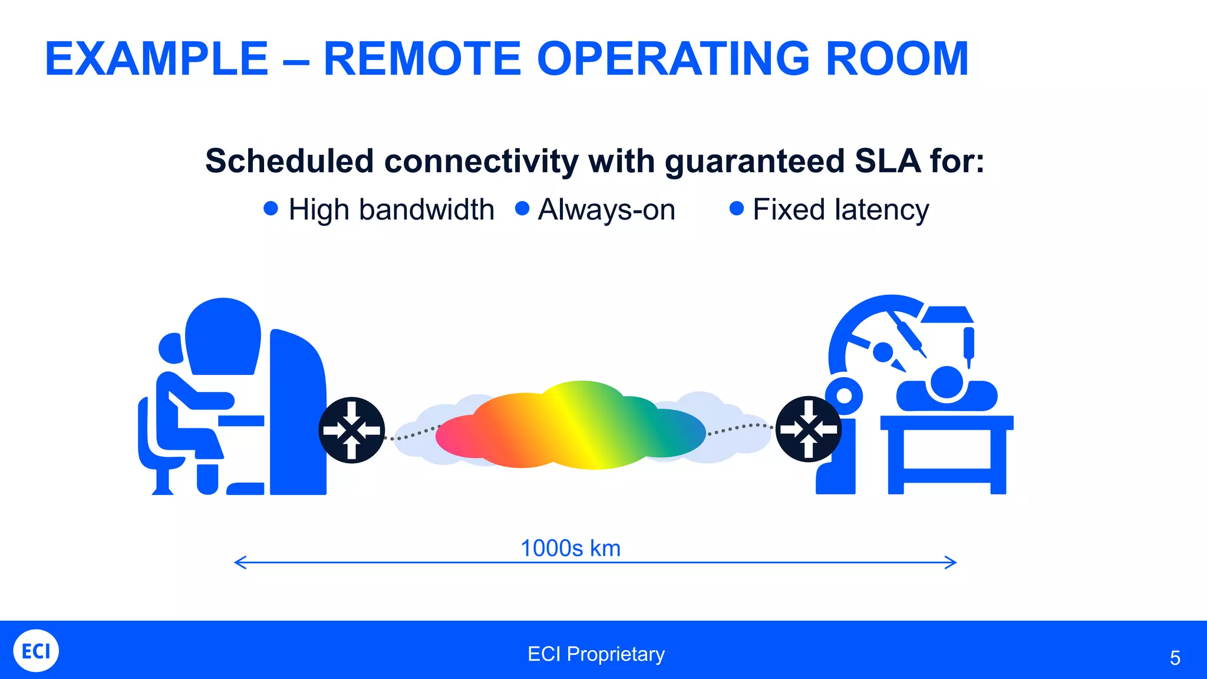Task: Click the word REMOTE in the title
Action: click(x=422, y=59)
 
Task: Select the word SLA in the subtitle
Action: click(x=887, y=161)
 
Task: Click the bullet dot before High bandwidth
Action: click(x=271, y=208)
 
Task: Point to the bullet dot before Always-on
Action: click(x=522, y=208)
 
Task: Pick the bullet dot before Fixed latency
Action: click(x=737, y=208)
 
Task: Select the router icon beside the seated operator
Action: click(x=352, y=430)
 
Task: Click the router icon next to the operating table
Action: click(x=809, y=429)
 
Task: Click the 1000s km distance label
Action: click(x=570, y=548)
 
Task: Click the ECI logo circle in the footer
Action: click(x=36, y=651)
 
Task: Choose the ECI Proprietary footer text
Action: click(x=596, y=654)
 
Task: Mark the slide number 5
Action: click(x=1175, y=658)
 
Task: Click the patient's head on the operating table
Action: click(x=946, y=382)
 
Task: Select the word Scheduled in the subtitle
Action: click(x=289, y=161)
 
